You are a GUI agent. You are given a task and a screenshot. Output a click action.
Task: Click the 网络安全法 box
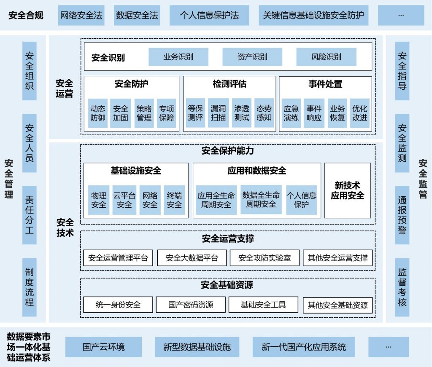point(81,16)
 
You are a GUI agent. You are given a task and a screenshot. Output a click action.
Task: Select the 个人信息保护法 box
point(209,16)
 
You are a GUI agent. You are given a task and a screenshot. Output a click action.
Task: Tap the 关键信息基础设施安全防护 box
point(313,16)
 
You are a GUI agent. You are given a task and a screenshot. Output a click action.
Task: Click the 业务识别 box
point(178,57)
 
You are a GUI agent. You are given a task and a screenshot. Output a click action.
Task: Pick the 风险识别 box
point(326,57)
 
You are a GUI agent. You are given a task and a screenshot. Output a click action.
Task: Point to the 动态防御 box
point(98,113)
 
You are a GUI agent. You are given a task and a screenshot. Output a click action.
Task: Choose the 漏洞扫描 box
point(218,113)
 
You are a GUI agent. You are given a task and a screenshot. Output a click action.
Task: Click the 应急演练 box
point(291,113)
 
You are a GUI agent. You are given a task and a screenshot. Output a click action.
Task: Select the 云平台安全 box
point(124,200)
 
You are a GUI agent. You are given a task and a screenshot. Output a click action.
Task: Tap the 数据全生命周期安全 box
point(261,200)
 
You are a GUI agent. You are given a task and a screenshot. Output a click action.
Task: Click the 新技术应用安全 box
point(348,190)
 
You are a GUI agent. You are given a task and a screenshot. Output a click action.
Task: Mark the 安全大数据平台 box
point(192,258)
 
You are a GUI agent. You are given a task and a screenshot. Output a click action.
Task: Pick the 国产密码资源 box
point(191,305)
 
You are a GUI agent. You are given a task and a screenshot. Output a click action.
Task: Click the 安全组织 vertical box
point(30,71)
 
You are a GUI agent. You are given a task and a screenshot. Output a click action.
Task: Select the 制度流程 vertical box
point(30,287)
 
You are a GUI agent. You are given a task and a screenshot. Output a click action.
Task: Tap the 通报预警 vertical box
point(402,215)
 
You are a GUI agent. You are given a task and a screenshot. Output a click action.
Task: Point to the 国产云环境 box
point(103,347)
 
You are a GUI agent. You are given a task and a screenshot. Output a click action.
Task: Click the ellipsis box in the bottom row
point(389,347)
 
